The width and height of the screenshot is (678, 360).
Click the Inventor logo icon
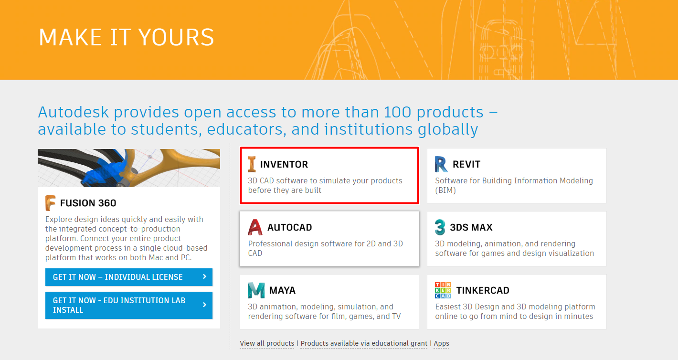(x=252, y=164)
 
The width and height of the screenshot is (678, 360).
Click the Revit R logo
(x=441, y=164)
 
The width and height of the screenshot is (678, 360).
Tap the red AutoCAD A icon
(x=255, y=227)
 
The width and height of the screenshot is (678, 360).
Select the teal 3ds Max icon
(x=440, y=227)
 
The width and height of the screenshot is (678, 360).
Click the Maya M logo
(x=256, y=290)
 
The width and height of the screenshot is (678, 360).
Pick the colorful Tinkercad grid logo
(x=443, y=290)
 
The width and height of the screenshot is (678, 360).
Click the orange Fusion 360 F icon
(x=50, y=203)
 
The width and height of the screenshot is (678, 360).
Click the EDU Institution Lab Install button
(x=129, y=305)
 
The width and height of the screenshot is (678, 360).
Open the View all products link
(x=267, y=343)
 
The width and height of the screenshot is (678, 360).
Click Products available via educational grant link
(x=364, y=343)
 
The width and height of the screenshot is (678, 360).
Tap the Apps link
(x=441, y=343)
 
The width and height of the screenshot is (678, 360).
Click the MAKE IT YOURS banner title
(x=127, y=37)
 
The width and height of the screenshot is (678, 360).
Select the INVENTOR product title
(x=284, y=164)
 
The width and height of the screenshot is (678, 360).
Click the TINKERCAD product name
(x=483, y=290)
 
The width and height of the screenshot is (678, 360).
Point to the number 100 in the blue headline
(x=397, y=112)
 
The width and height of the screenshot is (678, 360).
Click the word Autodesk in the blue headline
(x=73, y=112)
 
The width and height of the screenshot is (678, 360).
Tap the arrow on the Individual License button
(x=205, y=276)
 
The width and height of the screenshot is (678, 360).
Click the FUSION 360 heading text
(x=88, y=203)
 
